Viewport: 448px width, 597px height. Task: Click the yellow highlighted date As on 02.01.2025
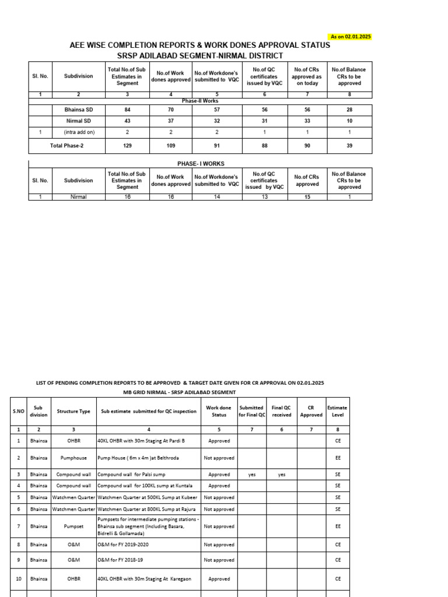[x=351, y=37]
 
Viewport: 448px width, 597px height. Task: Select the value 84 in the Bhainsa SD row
[x=127, y=110]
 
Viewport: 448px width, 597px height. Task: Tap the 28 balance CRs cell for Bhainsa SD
[x=349, y=110]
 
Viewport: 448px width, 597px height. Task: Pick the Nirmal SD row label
[x=78, y=121]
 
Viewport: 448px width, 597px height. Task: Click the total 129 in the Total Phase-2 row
[x=127, y=146]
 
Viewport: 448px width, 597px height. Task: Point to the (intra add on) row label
[x=79, y=132]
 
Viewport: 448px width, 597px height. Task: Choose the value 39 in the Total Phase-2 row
[x=349, y=146]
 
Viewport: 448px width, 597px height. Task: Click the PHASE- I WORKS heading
[x=200, y=164]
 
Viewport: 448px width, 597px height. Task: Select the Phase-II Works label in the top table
[x=200, y=101]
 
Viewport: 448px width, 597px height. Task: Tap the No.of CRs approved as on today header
[x=307, y=76]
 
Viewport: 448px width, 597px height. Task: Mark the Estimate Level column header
[x=337, y=412]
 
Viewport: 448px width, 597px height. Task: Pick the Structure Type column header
[x=73, y=412]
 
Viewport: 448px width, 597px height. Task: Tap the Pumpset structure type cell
[x=73, y=526]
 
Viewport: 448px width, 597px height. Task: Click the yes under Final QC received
[x=282, y=475]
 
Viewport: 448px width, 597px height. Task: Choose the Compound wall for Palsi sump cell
[x=128, y=475]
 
